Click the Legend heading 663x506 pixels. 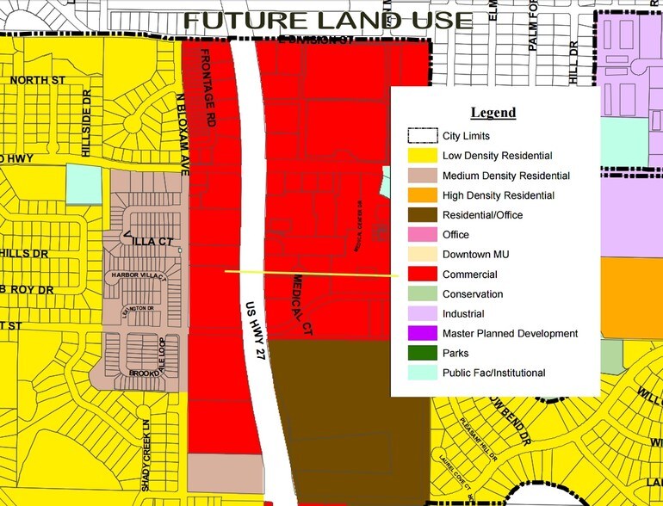point(493,113)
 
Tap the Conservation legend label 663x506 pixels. point(473,294)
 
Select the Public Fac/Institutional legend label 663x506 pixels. point(493,373)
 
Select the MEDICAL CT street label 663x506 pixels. point(301,306)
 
